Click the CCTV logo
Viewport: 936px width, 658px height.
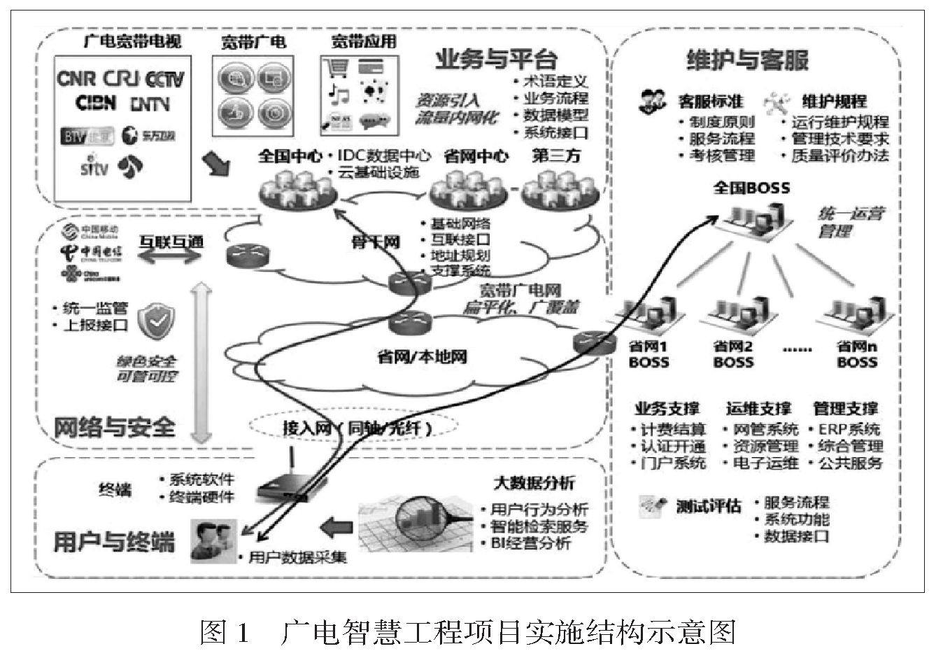(x=160, y=78)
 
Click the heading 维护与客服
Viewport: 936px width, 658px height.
(x=747, y=60)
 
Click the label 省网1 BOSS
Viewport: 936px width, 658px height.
(x=648, y=354)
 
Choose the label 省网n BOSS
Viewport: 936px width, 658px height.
(x=857, y=354)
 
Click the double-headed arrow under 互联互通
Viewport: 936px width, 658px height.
(x=169, y=257)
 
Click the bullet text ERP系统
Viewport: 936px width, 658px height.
(x=849, y=429)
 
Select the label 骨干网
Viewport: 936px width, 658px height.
(x=376, y=243)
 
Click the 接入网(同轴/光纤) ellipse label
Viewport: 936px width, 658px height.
(x=357, y=427)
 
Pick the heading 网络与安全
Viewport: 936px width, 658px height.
(x=114, y=427)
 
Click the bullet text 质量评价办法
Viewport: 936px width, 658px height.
(x=839, y=155)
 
